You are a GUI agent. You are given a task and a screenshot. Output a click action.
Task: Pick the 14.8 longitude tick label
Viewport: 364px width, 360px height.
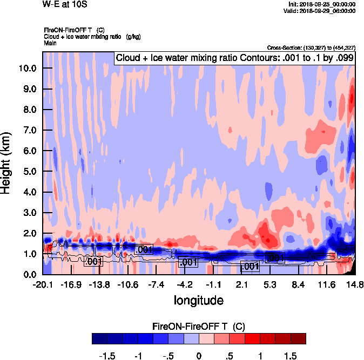point(354,284)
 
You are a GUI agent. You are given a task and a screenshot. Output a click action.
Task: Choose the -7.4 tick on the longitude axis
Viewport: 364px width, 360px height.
point(156,284)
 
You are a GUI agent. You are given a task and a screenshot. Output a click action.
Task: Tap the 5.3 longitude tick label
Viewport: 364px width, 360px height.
point(270,284)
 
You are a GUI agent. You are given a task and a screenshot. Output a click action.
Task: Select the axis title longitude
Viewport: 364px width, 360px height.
point(198,300)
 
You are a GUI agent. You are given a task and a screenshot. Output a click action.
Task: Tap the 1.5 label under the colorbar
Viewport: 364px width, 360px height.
point(291,356)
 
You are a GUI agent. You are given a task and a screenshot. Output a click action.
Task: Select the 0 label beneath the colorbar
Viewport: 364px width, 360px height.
point(199,356)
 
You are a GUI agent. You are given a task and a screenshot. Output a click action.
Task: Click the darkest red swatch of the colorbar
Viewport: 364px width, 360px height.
point(298,338)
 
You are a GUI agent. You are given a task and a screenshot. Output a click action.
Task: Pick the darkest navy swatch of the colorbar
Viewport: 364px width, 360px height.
point(99,338)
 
